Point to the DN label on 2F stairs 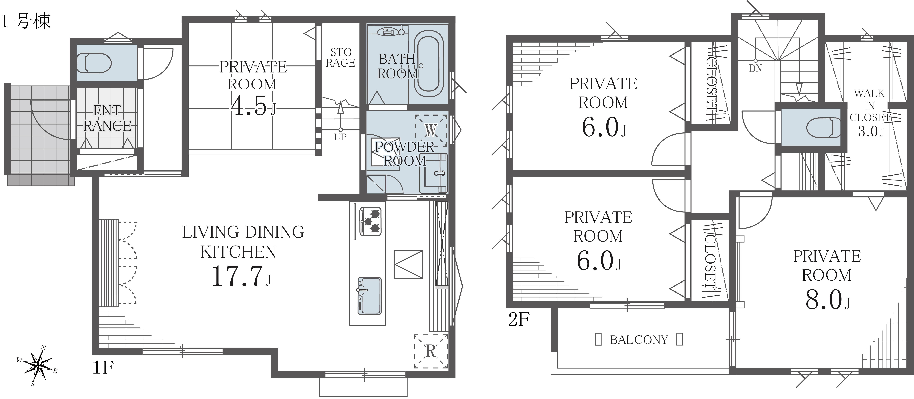[x=755, y=69]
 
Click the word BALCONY [x=639, y=340]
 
